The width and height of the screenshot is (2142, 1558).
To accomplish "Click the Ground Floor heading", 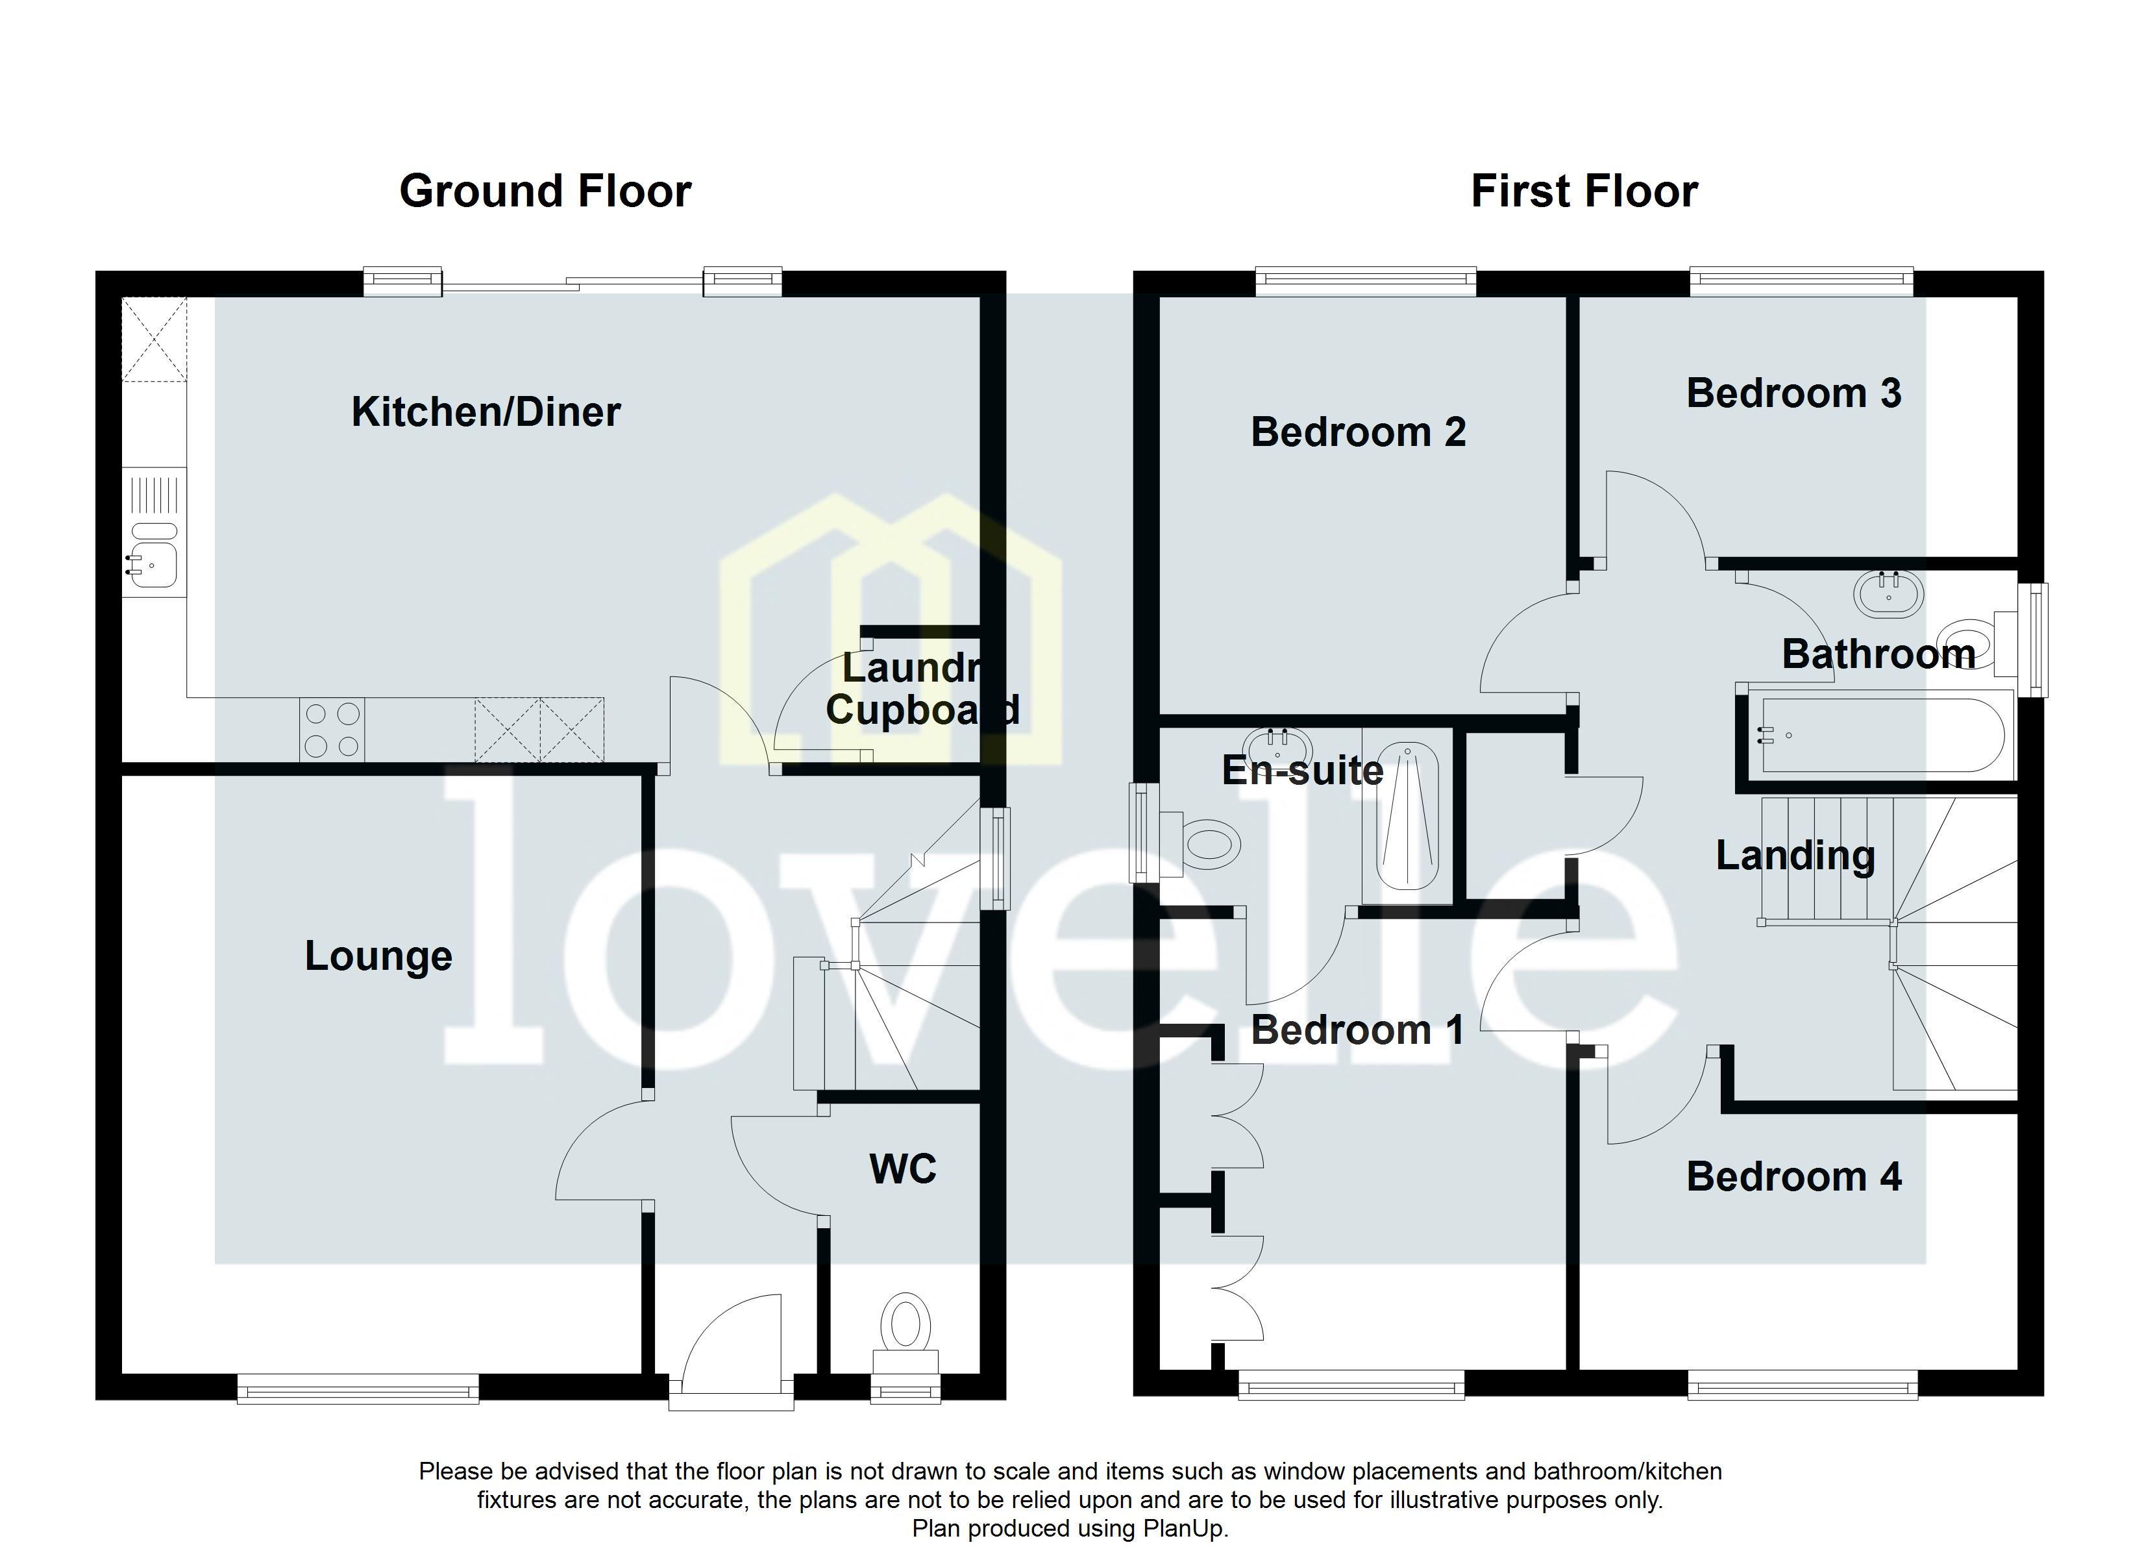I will pyautogui.click(x=545, y=192).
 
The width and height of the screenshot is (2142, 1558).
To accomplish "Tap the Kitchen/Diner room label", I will pyautogui.click(x=486, y=412).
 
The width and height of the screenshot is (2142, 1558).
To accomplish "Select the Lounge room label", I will pyautogui.click(x=378, y=956).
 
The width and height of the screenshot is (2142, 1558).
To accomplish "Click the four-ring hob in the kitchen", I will pyautogui.click(x=332, y=730).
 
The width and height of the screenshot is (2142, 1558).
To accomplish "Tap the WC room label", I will pyautogui.click(x=902, y=1170).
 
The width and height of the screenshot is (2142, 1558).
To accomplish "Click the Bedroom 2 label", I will pyautogui.click(x=1357, y=433).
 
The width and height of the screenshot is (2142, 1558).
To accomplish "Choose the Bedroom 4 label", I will pyautogui.click(x=1793, y=1177).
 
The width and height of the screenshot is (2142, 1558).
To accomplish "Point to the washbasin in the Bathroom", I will pyautogui.click(x=1888, y=593).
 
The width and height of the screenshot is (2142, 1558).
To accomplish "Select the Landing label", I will pyautogui.click(x=1795, y=856).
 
